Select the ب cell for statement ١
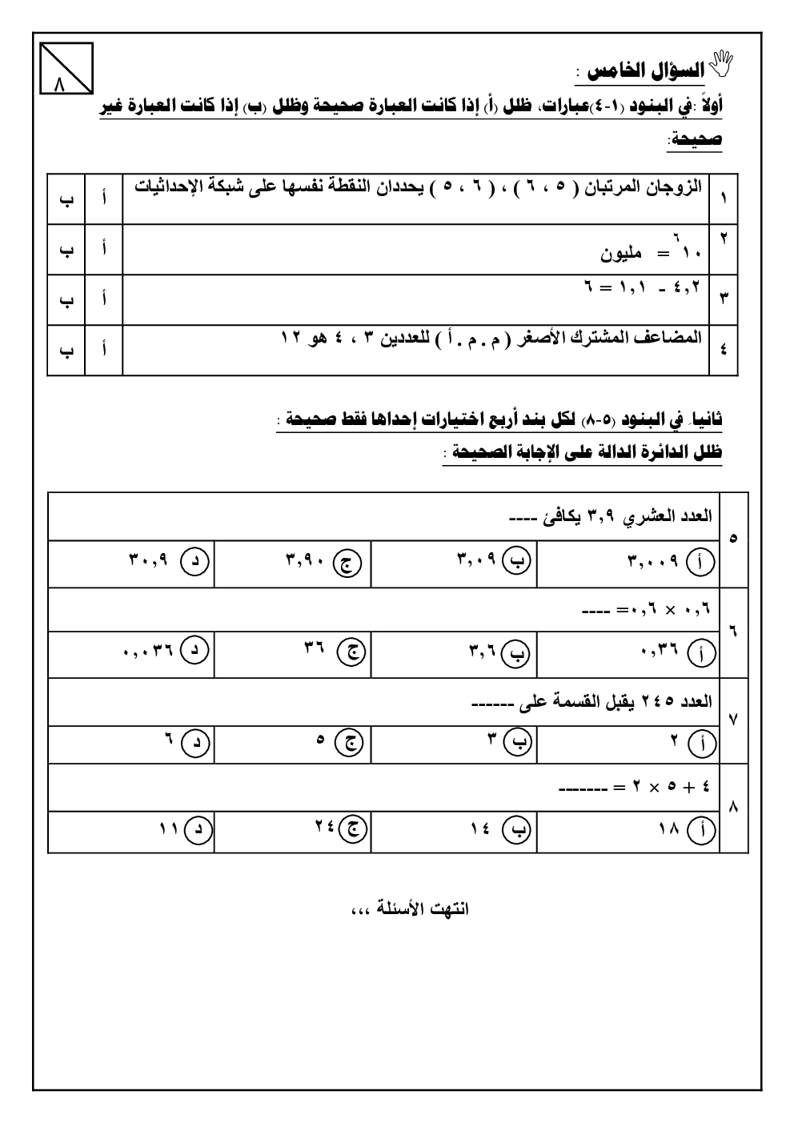pyautogui.click(x=66, y=199)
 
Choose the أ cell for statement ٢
pyautogui.click(x=104, y=249)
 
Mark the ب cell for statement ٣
pyautogui.click(x=66, y=299)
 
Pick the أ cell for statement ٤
pyautogui.click(x=104, y=350)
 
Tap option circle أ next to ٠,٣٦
pyautogui.click(x=701, y=655)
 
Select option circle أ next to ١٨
pyautogui.click(x=701, y=832)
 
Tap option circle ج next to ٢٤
pyautogui.click(x=350, y=832)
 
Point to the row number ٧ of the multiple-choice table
pyautogui.click(x=734, y=719)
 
